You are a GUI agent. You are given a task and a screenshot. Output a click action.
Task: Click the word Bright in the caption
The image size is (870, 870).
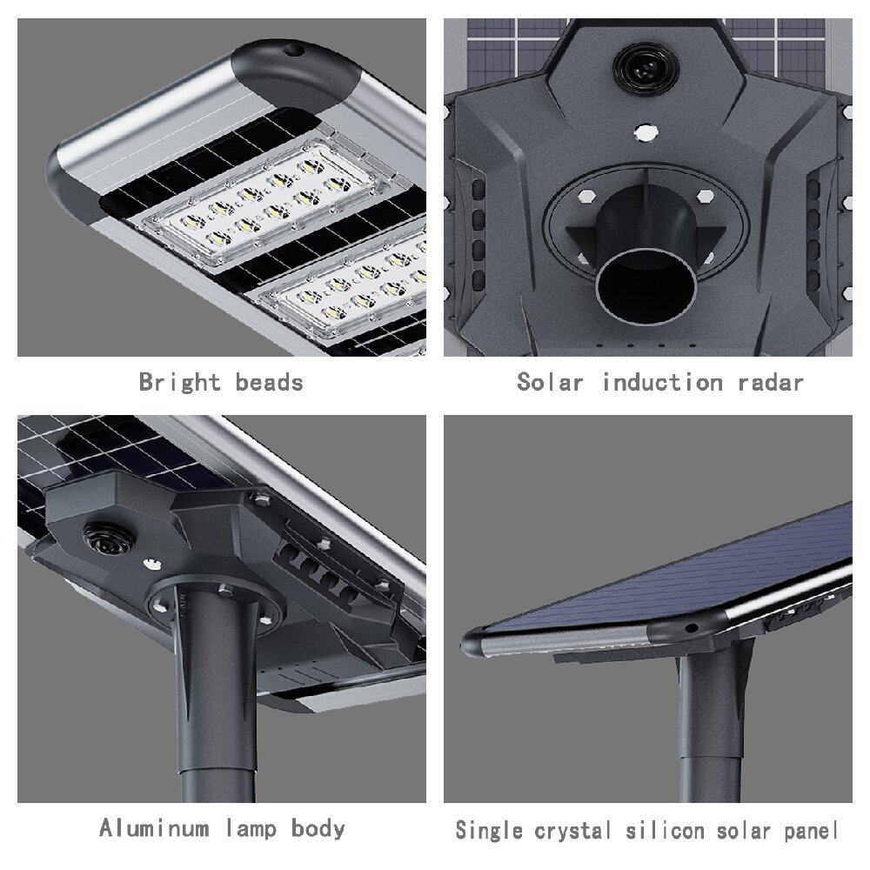(x=179, y=383)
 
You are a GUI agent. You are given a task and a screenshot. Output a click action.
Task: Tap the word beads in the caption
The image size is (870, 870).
(x=269, y=382)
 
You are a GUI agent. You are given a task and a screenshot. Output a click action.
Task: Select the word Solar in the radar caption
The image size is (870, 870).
(x=550, y=382)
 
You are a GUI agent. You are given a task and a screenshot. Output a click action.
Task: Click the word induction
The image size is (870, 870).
(x=662, y=382)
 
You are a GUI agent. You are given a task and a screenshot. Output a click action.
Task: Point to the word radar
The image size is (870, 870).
(x=771, y=382)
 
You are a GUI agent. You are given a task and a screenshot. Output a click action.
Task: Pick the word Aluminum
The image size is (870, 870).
(x=154, y=828)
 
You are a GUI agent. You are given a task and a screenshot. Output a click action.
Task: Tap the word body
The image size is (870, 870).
(x=318, y=829)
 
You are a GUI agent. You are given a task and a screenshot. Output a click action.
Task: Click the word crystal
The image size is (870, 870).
(x=572, y=831)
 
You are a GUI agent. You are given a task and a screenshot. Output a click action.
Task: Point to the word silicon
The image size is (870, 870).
(x=666, y=831)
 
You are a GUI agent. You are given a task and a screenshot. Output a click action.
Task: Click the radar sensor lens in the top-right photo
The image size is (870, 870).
(x=646, y=69)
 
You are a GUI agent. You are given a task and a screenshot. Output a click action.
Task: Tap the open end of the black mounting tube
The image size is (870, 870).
(x=646, y=286)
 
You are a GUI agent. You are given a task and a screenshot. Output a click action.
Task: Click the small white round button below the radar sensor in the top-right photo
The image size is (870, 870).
(x=646, y=132)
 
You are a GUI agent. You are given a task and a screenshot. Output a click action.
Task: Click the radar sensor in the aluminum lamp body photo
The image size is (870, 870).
(x=110, y=539)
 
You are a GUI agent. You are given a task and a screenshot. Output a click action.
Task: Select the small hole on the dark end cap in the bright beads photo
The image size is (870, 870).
(x=293, y=50)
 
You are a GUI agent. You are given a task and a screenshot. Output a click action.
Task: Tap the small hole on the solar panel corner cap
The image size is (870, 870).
(x=691, y=628)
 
